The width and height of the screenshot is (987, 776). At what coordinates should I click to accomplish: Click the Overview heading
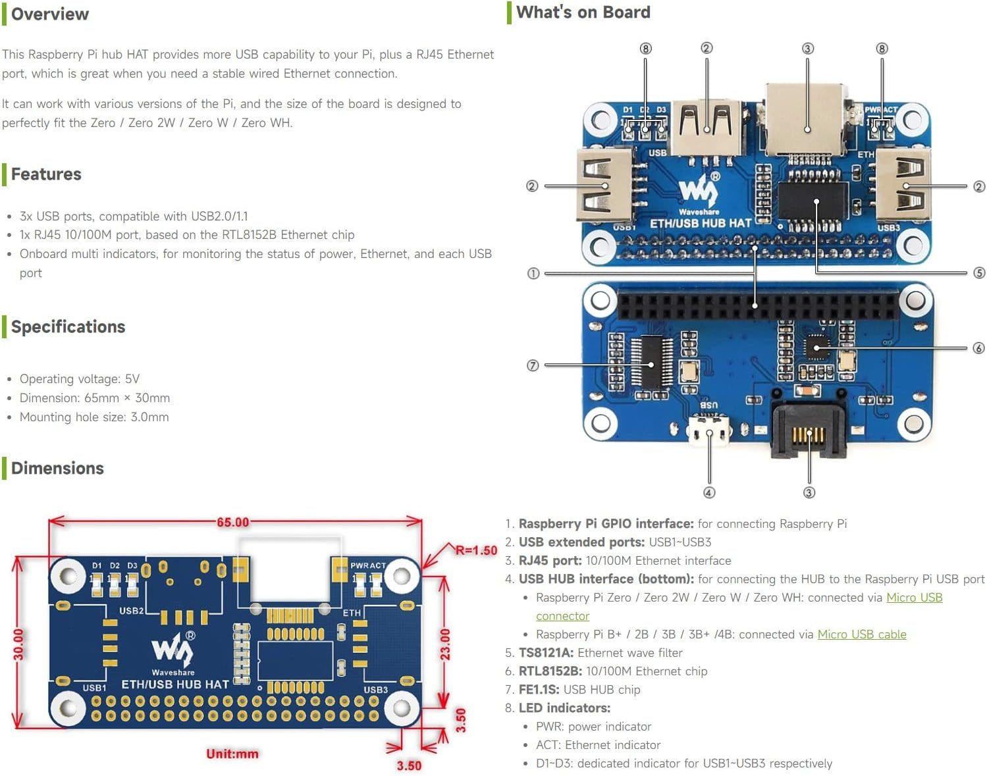(x=50, y=14)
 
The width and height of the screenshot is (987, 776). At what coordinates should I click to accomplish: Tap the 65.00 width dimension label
(x=233, y=522)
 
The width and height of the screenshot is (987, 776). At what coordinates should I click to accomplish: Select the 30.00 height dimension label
(x=18, y=644)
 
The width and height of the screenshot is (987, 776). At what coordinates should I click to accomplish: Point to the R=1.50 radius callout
(x=476, y=550)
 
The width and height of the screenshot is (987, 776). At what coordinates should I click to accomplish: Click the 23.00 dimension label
(x=446, y=644)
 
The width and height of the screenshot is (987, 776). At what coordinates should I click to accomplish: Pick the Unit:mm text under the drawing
(x=232, y=754)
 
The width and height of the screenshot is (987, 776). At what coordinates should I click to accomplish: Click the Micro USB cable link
(x=861, y=634)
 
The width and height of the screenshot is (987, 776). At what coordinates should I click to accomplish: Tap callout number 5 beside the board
(x=979, y=272)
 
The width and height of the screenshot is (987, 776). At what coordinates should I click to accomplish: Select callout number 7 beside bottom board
(x=533, y=365)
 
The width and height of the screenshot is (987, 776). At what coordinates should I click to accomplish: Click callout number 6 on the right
(x=978, y=348)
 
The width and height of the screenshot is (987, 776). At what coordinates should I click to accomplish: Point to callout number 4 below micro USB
(x=709, y=492)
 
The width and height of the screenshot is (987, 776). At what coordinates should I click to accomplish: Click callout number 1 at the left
(x=533, y=273)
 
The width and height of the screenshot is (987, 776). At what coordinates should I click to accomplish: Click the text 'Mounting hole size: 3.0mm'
(x=94, y=417)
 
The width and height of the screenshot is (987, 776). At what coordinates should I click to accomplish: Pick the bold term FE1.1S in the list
(x=539, y=689)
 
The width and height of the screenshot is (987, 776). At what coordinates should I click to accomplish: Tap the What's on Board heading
(x=583, y=13)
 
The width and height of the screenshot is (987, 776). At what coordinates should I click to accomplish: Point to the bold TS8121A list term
(x=546, y=652)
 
